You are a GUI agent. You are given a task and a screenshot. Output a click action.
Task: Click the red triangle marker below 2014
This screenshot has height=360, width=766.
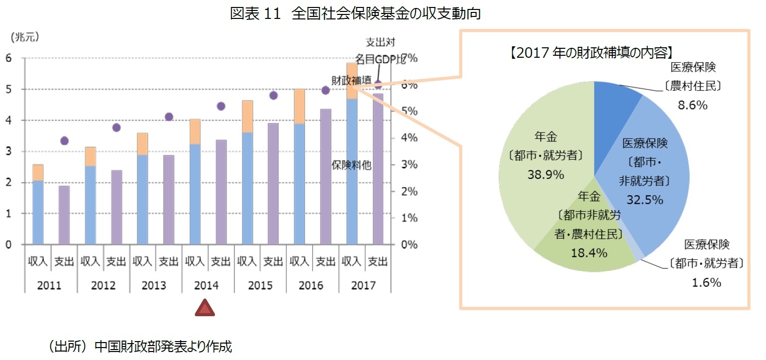tap(205, 308)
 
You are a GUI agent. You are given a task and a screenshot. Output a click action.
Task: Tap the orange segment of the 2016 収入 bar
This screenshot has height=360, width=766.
tap(299, 107)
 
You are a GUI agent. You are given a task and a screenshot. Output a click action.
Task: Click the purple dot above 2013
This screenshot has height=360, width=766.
tap(169, 117)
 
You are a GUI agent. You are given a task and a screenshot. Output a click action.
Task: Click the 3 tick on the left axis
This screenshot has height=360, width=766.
tap(8, 151)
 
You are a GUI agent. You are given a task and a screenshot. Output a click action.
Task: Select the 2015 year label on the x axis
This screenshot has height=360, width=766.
tap(260, 286)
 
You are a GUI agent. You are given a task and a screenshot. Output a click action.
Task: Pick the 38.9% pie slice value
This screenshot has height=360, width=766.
tap(546, 175)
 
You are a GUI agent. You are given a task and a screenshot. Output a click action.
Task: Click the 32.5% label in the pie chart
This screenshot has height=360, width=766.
tap(645, 200)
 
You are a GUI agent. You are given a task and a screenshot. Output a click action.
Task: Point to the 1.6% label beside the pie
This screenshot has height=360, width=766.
tap(706, 283)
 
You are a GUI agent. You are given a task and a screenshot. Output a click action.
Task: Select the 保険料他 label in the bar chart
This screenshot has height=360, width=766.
tap(351, 165)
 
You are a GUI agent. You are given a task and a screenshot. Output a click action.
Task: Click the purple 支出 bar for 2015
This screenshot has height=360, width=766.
tap(273, 184)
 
